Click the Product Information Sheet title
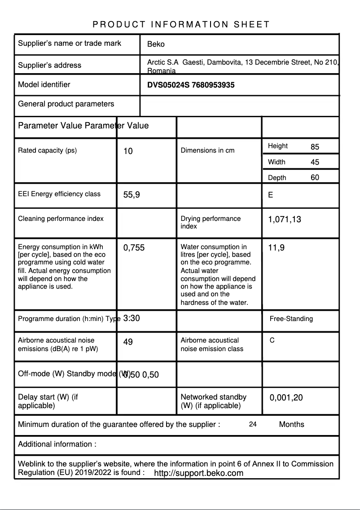point(181,24)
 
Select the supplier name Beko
point(156,44)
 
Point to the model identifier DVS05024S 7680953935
point(191,85)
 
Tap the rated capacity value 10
point(128,151)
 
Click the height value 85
point(315,147)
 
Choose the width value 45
point(315,162)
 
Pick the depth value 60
point(315,177)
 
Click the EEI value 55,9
point(132,195)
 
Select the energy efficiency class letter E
point(270,195)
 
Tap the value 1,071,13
point(285,220)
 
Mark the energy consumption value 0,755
point(134,247)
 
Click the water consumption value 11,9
point(276,247)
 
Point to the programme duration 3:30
point(132,318)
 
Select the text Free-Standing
point(291,319)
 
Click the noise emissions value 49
point(128,342)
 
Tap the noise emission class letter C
point(272,340)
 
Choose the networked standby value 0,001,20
point(286,398)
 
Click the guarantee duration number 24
point(253,424)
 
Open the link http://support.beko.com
point(198,473)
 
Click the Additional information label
point(57,444)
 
